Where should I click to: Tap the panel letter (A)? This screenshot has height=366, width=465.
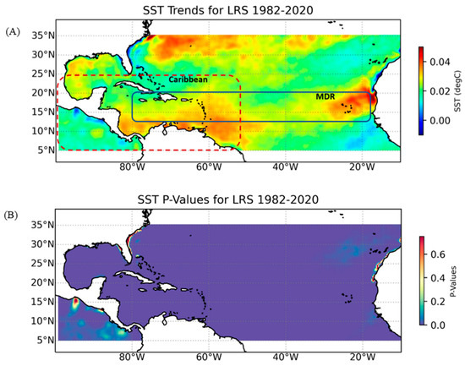[x=12, y=30]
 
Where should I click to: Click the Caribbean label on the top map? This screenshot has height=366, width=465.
[x=188, y=79]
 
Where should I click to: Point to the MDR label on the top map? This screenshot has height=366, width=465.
[x=326, y=97]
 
